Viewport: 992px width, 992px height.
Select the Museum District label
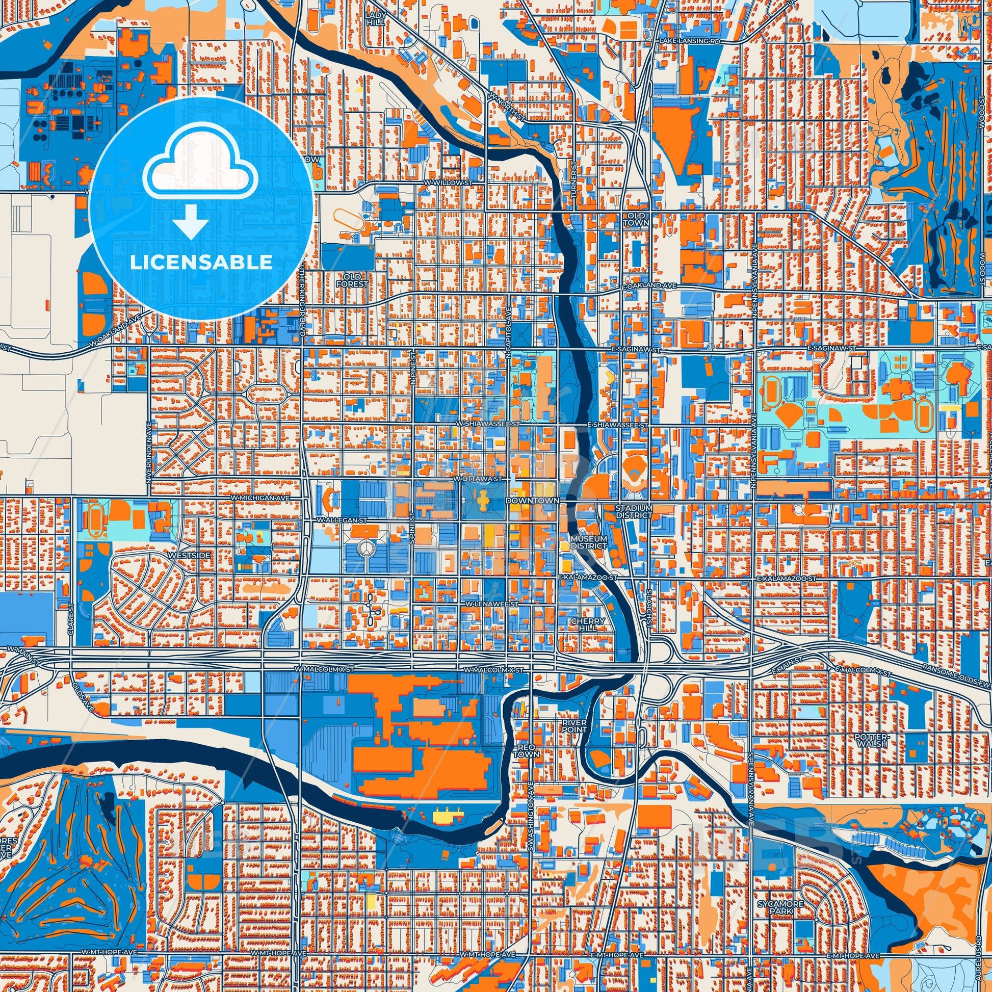[x=589, y=542]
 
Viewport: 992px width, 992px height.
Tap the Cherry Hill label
[x=585, y=624]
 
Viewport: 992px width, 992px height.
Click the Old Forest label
[x=352, y=280]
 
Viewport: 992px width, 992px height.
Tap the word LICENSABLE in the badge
[x=201, y=262]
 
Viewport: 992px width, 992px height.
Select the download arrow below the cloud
[x=190, y=221]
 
